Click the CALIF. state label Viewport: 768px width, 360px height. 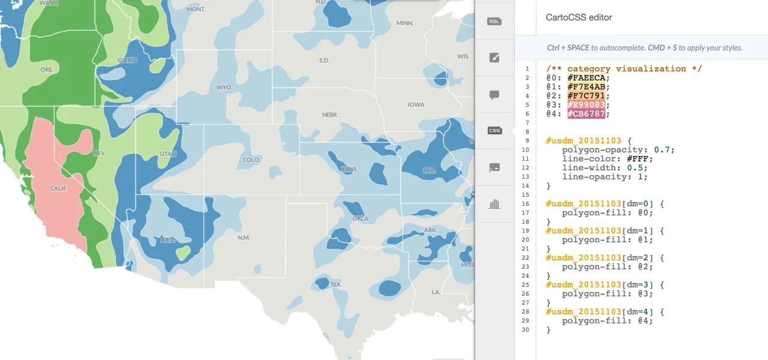[x=58, y=188]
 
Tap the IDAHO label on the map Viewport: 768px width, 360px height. [x=127, y=61]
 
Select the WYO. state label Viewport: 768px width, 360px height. [x=224, y=88]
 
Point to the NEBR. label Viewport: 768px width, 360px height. [x=329, y=115]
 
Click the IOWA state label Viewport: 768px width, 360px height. [x=416, y=104]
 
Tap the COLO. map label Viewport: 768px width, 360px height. [x=251, y=160]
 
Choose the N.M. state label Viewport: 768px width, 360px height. [x=243, y=238]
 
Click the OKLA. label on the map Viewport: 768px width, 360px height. [x=361, y=219]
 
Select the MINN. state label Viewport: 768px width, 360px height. [x=405, y=23]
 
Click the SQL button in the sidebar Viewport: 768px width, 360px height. [x=494, y=22]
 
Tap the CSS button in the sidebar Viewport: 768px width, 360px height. [x=494, y=130]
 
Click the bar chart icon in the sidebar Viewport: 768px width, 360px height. [x=494, y=204]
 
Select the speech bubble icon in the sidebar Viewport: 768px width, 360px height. [x=494, y=95]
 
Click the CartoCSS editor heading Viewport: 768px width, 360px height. [x=579, y=17]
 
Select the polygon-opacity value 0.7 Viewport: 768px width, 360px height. [x=664, y=150]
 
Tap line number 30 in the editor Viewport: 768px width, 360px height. [x=526, y=330]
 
